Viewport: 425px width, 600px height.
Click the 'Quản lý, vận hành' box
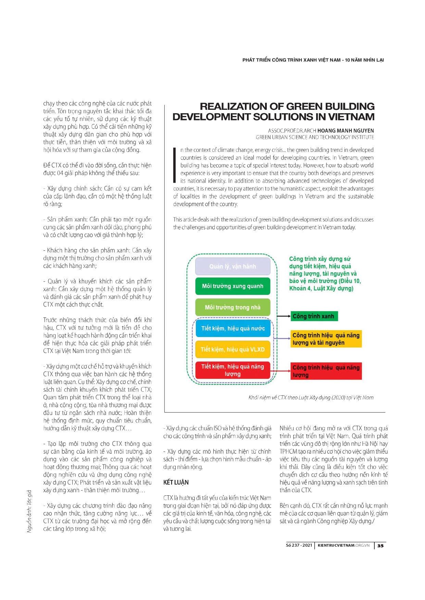pos(233,266)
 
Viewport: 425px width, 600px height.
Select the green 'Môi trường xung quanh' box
pos(233,286)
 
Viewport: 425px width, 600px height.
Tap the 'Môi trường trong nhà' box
pos(233,307)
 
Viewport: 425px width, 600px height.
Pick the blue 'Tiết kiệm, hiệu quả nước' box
pos(233,328)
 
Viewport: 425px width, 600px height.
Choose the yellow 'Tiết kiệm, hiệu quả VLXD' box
pos(233,349)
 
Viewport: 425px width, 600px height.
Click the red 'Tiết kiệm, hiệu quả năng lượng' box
pos(233,370)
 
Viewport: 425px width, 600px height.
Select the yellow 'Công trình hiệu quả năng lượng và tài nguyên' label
pos(326,339)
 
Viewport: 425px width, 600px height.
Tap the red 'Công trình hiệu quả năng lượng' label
pos(326,371)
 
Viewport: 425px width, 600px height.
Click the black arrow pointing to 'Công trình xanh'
pos(284,316)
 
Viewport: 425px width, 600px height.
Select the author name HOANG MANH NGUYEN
pos(346,131)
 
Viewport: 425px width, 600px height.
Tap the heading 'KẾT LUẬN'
pos(176,482)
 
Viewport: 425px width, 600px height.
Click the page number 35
pos(380,546)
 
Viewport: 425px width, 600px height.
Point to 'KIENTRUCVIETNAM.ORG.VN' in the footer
pos(343,545)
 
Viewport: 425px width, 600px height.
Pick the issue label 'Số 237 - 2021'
pos(299,545)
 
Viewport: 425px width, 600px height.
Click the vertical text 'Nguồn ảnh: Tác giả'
pos(29,511)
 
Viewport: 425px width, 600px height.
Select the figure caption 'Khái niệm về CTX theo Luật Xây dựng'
pos(311,397)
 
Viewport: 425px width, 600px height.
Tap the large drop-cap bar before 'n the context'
pos(175,165)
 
